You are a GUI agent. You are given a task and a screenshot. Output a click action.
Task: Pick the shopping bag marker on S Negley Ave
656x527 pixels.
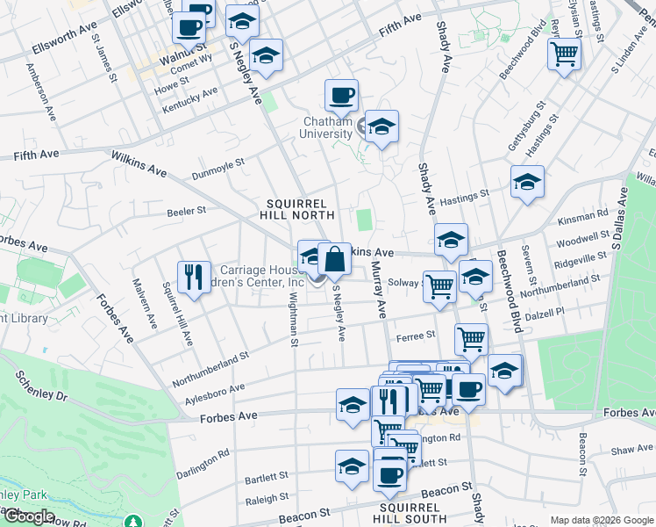tap(334, 259)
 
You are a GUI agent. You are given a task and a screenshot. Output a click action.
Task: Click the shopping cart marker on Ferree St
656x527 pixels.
tap(472, 338)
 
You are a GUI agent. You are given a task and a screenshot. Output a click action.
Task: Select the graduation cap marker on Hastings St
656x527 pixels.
tap(527, 182)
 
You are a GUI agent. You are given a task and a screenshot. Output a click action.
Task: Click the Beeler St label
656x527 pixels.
tap(186, 211)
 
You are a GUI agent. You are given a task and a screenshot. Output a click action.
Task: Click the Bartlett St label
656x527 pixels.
tap(267, 478)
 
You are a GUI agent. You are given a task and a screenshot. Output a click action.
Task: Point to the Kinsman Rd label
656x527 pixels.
tap(588, 213)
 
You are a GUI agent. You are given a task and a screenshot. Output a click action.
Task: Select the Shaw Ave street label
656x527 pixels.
tap(632, 450)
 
